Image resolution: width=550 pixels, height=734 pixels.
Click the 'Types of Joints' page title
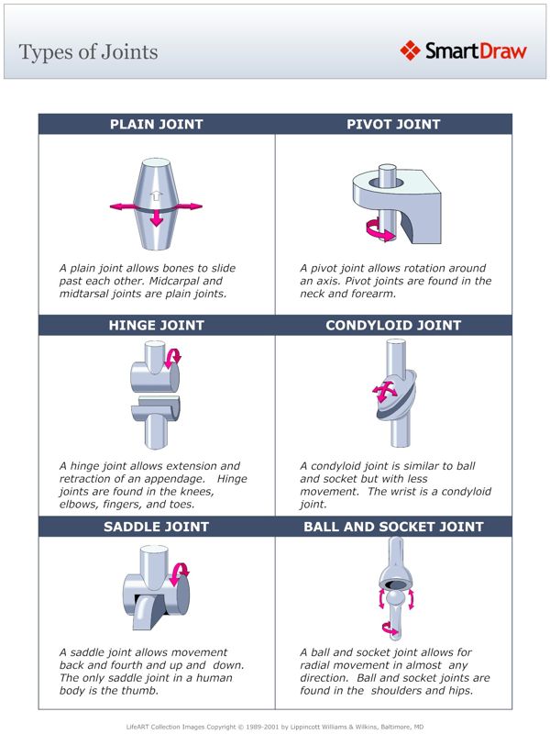pos(88,51)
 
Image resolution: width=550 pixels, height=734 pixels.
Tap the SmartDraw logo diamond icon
pos(410,50)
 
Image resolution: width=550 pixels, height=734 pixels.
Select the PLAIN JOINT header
pos(157,125)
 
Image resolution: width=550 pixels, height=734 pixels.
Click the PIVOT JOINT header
pos(393,125)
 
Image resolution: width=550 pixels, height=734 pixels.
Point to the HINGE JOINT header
pos(157,325)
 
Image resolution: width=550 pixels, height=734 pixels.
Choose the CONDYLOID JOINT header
pos(393,325)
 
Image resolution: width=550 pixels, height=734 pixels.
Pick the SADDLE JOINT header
pos(157,527)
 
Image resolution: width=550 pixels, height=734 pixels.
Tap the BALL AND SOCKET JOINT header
pos(393,527)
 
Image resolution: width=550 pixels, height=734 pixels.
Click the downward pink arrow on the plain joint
pos(157,217)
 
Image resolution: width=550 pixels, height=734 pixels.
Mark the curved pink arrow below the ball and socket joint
pos(391,630)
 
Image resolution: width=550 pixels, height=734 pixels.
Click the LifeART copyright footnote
pos(275,726)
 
